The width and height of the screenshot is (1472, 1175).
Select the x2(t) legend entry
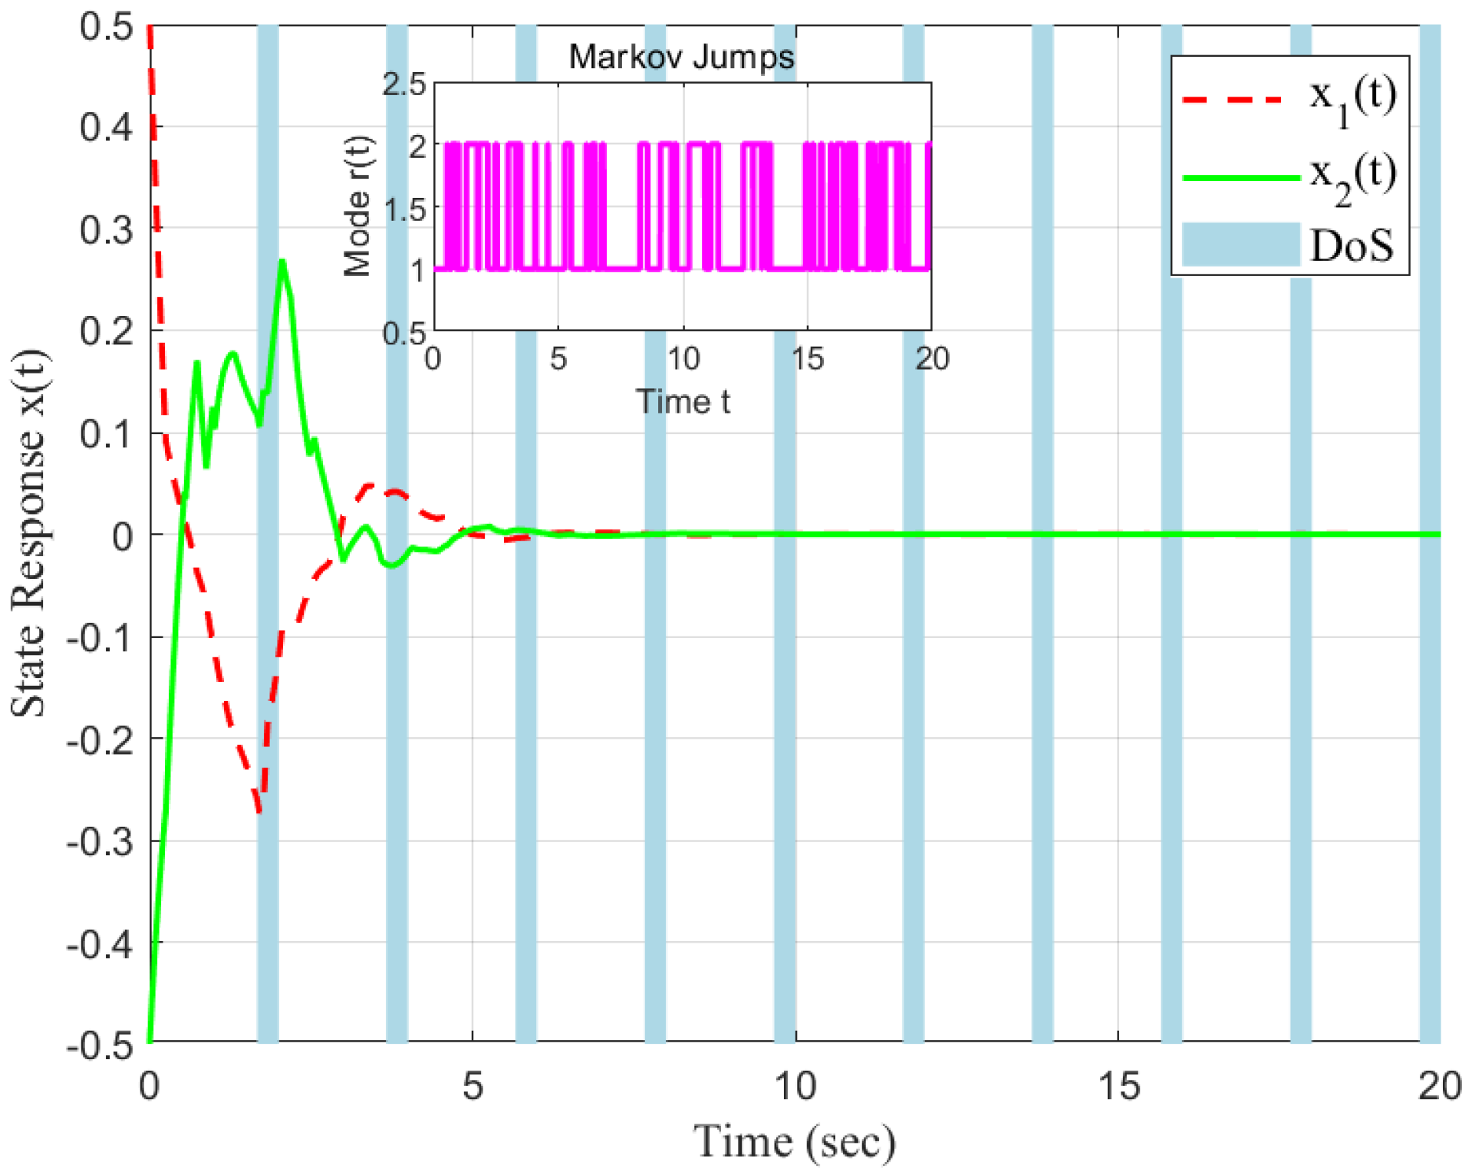[x=1289, y=176]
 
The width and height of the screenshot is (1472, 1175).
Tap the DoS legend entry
[x=1289, y=245]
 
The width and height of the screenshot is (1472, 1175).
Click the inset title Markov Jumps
[x=681, y=57]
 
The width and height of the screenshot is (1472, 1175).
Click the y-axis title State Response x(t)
[x=29, y=533]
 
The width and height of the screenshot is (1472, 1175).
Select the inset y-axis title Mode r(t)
[x=357, y=206]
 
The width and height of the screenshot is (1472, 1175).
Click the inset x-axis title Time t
[x=683, y=402]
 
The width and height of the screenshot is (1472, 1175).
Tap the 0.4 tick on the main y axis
[x=106, y=127]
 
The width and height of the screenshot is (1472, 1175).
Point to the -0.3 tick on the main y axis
[x=100, y=841]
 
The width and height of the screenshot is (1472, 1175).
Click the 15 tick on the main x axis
[x=1118, y=1086]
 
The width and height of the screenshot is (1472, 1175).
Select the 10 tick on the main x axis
[x=795, y=1086]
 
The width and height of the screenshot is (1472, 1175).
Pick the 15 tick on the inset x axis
[x=807, y=359]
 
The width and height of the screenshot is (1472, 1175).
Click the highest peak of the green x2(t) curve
[x=282, y=262]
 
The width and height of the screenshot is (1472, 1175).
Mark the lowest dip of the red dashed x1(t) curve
[x=259, y=811]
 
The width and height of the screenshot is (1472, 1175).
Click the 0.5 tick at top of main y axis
[x=106, y=27]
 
